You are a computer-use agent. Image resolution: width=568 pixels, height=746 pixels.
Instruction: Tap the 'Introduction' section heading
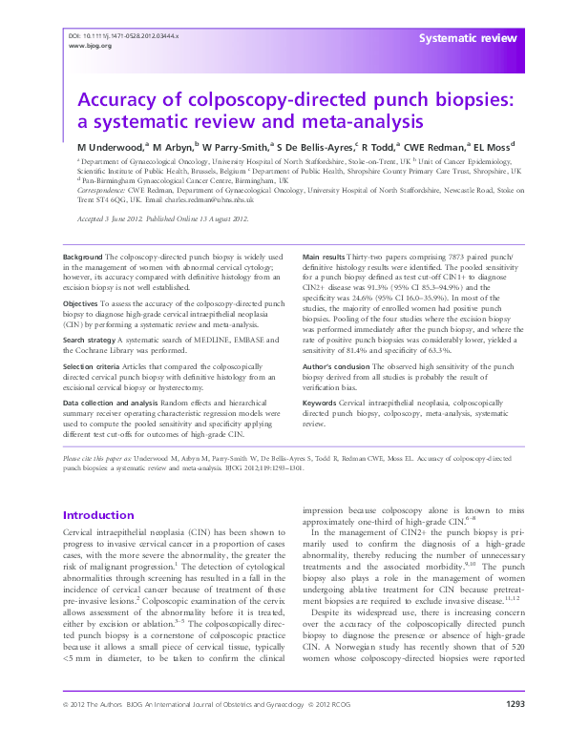[x=98, y=514]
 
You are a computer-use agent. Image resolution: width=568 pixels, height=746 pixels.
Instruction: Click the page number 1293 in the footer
[x=515, y=730]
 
